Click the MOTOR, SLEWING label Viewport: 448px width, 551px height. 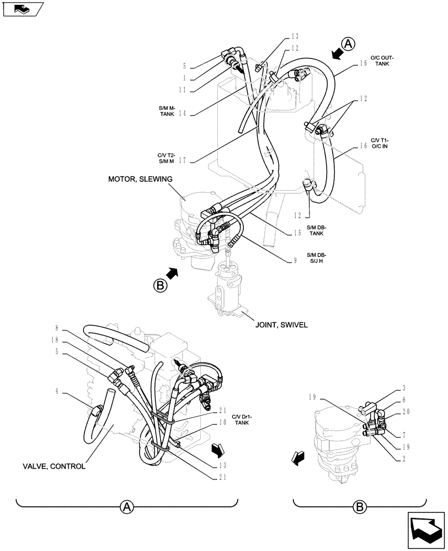pos(140,179)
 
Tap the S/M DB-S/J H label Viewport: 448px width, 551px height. pos(317,258)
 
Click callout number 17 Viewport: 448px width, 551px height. pos(182,161)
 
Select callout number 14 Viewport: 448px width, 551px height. pos(182,114)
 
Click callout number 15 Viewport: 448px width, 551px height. pos(297,233)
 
